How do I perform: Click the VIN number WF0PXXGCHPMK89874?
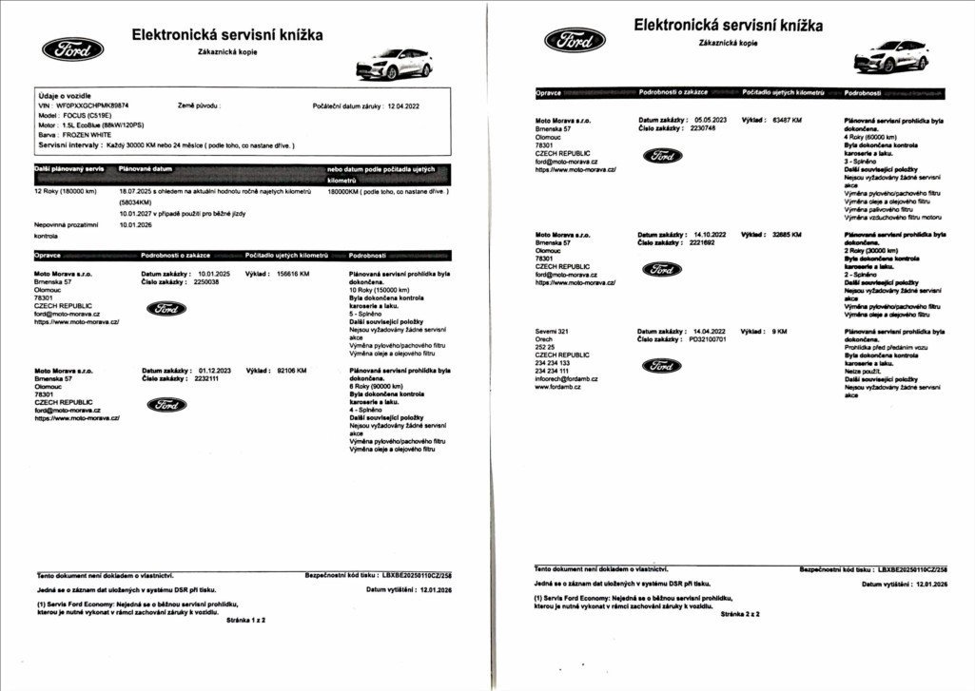tap(92, 106)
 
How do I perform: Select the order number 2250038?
tap(205, 281)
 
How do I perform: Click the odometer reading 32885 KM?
tap(785, 233)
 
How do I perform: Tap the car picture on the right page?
tap(890, 55)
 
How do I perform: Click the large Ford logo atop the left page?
tap(73, 49)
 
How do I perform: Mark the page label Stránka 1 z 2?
tap(246, 619)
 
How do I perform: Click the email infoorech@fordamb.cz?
tap(566, 378)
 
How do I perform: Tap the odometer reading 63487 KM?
tap(785, 121)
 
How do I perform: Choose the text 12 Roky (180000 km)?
tap(65, 191)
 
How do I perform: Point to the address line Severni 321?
tap(552, 331)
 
